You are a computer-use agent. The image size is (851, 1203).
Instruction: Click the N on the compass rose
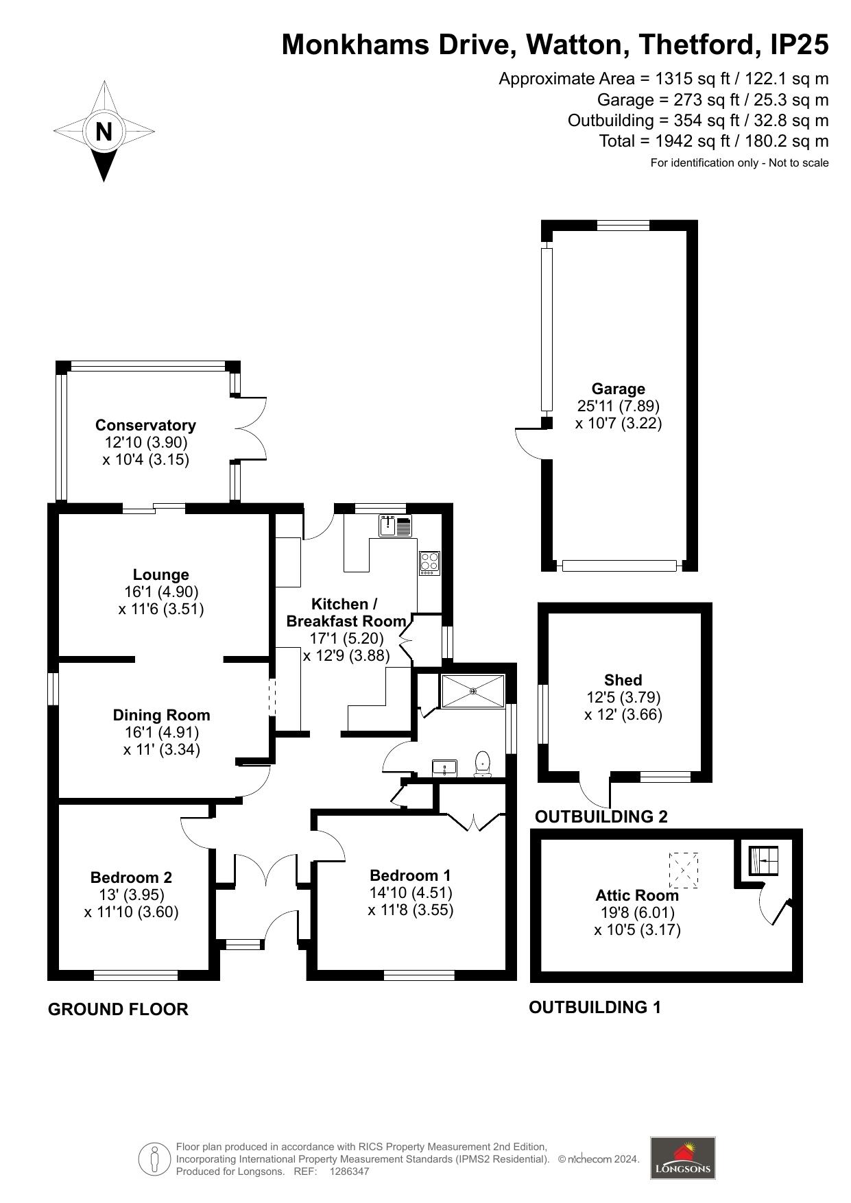[104, 131]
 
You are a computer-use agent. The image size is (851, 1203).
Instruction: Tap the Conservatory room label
[145, 425]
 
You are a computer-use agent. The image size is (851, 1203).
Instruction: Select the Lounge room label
[161, 574]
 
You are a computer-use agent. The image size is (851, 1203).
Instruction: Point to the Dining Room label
[162, 715]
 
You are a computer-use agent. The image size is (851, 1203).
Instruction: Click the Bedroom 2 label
[131, 877]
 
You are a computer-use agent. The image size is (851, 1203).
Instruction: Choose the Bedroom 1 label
[410, 875]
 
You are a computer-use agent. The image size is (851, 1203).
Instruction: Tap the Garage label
[619, 389]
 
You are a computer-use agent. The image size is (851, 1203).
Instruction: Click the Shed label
[623, 680]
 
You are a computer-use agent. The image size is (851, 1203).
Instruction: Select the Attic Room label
[637, 895]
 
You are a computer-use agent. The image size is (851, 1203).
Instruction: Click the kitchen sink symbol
[395, 526]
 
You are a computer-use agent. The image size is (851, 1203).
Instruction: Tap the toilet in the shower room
[483, 764]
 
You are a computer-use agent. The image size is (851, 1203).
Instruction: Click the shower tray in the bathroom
[472, 691]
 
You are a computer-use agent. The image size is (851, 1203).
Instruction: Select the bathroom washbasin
[444, 767]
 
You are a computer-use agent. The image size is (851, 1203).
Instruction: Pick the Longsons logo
[682, 1158]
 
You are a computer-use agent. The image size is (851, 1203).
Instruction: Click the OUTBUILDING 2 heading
[601, 816]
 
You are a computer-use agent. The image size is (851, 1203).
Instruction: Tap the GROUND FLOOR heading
[118, 1009]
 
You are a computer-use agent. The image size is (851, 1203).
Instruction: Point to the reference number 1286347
[350, 1171]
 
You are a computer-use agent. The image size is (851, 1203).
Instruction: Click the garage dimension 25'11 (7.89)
[619, 406]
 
